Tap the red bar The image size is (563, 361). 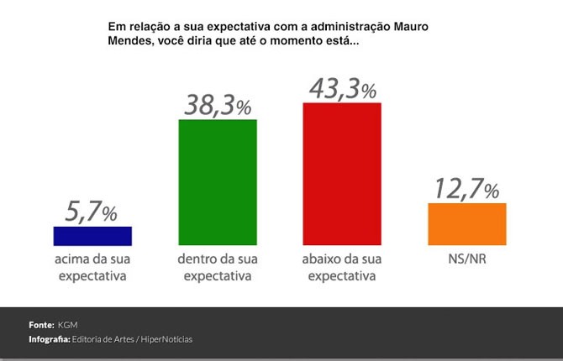point(342,174)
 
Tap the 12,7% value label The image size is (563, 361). point(466,189)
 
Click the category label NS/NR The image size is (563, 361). point(466,259)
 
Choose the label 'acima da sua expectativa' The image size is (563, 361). point(92,267)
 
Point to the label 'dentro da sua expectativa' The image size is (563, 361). point(218,267)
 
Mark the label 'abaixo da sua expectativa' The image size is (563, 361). point(342,267)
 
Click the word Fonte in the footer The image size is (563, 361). point(41,324)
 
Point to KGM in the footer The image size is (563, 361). point(68,324)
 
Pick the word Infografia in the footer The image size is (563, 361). point(49,339)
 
